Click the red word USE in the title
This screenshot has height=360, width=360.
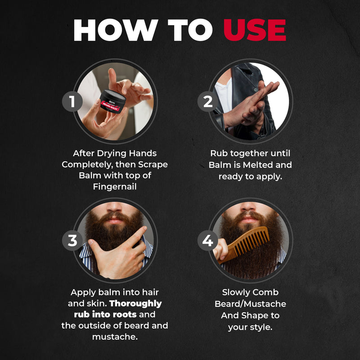pos(255,31)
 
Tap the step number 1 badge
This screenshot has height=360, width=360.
pos(72,101)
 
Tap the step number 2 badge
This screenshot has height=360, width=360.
pos(207,101)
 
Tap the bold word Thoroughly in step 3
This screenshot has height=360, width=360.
pos(135,303)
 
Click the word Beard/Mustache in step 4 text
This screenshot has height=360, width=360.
pos(250,304)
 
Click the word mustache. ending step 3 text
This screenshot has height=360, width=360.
pos(115,336)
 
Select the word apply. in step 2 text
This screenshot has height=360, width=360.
pos(270,176)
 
